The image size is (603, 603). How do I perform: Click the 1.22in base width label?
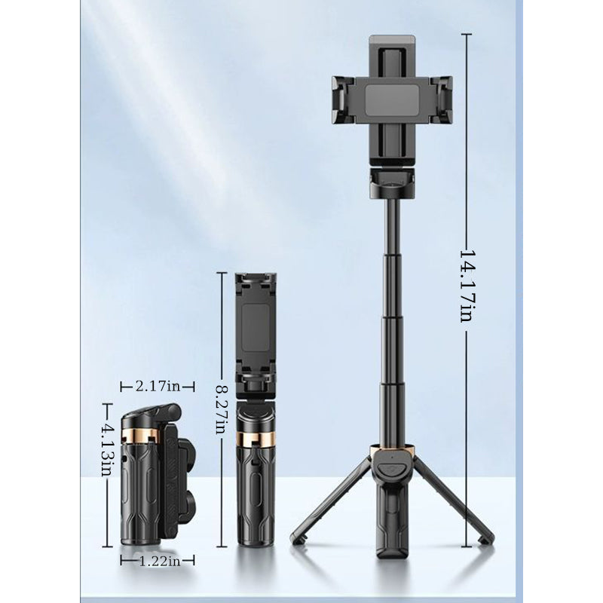click(158, 560)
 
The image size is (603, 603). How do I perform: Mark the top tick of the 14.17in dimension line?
click(467, 34)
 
